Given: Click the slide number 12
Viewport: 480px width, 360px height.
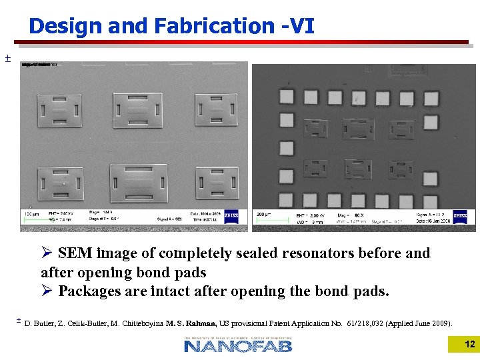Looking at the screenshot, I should coord(469,344).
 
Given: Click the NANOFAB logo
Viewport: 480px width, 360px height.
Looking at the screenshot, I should coord(238,345).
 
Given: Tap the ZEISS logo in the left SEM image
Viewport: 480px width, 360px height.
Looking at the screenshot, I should coord(231,216).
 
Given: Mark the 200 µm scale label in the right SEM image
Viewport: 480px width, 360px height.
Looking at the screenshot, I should coord(264,215).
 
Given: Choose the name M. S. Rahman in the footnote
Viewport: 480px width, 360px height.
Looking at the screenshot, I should coord(189,323).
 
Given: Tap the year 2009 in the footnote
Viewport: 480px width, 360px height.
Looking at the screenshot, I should coord(439,323).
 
